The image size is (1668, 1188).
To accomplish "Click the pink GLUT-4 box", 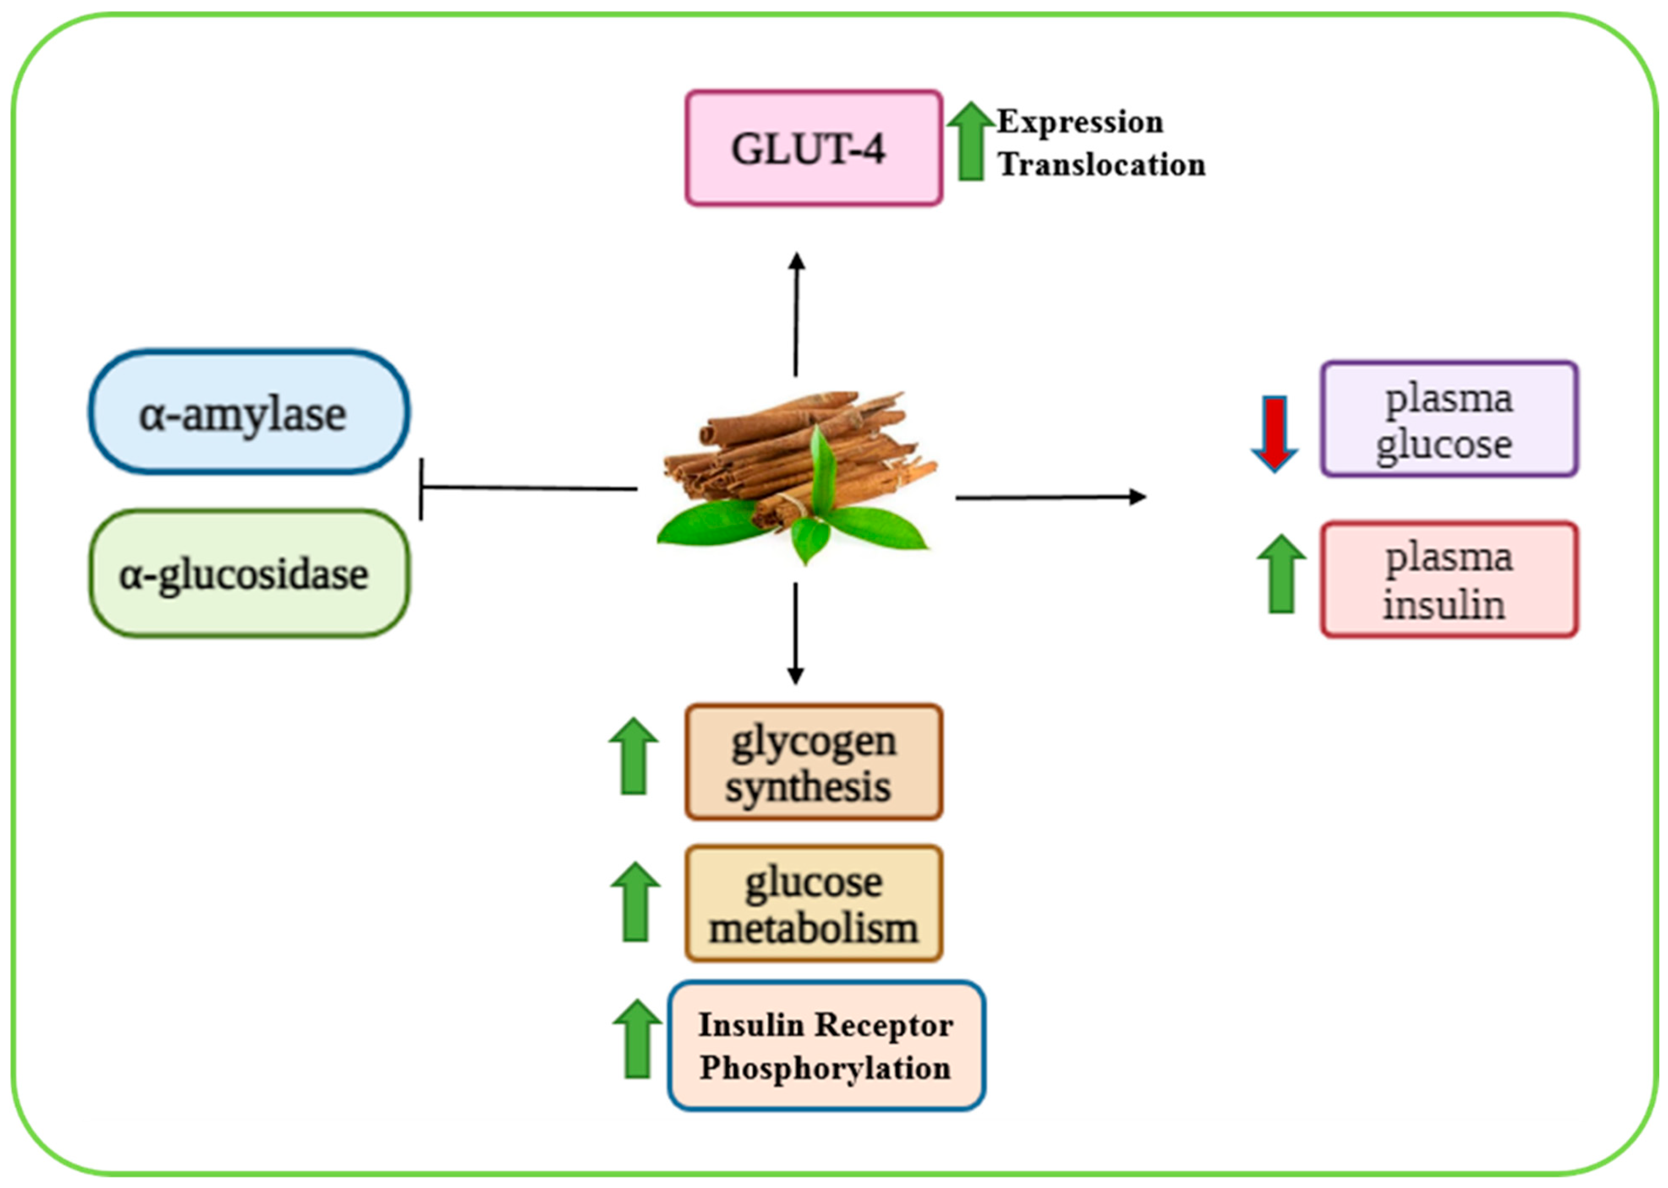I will tap(813, 148).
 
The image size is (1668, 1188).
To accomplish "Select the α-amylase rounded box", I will tap(249, 412).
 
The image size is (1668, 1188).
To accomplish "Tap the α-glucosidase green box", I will tap(249, 574).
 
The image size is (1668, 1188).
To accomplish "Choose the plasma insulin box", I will tap(1449, 579).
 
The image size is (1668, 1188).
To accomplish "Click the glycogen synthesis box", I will tap(813, 762).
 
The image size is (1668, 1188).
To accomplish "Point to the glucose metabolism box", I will tap(813, 904).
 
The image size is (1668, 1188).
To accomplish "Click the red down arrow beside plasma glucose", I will tap(1274, 433).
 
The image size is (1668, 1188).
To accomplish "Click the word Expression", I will tap(1080, 122).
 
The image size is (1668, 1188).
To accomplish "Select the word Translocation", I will tap(1102, 164).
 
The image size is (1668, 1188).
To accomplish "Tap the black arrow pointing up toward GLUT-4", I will tap(796, 314).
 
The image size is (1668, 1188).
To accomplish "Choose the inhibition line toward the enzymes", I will tap(527, 488).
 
